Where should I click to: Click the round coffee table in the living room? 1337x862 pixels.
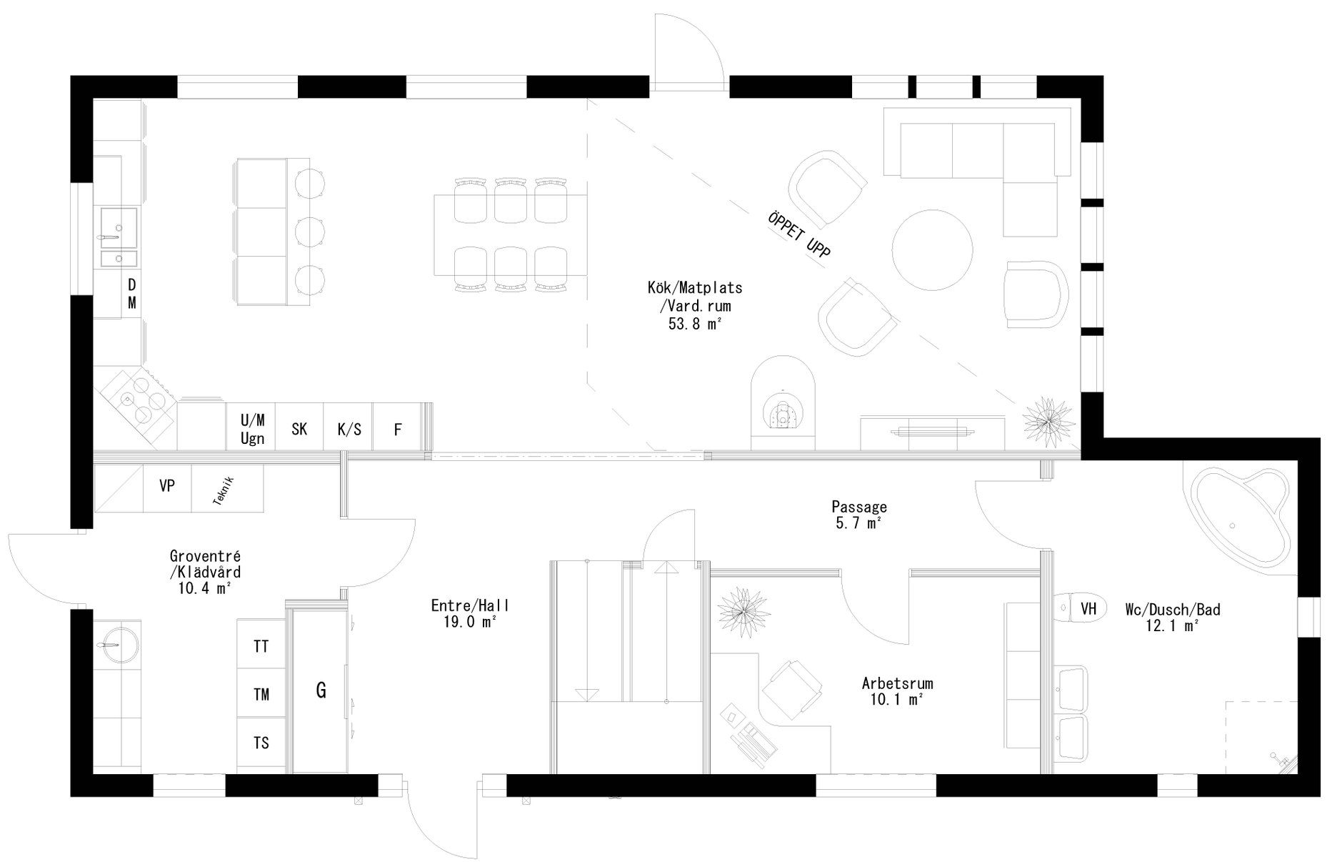tap(932, 249)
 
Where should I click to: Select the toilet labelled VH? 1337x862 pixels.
tap(1078, 608)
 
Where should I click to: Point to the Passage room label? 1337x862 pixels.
tap(858, 507)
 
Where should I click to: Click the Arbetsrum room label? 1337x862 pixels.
tap(897, 683)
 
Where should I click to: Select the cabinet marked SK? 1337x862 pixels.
tap(299, 429)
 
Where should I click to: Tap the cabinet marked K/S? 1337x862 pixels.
tap(349, 429)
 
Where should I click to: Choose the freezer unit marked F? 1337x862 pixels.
tap(398, 429)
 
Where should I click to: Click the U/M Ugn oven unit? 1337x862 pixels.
tap(252, 429)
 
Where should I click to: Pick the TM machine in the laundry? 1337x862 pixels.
tap(261, 694)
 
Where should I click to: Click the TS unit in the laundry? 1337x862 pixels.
tap(261, 743)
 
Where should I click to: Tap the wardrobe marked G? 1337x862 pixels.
tap(321, 690)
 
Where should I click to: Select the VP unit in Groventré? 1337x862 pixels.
tap(167, 486)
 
